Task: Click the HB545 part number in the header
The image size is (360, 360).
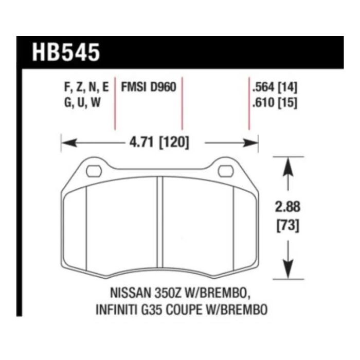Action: point(66,52)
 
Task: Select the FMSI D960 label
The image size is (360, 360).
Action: point(149,87)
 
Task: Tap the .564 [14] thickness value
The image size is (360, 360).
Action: point(275,87)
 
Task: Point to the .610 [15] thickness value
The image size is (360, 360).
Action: point(275,102)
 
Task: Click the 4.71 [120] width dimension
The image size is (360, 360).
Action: point(159,142)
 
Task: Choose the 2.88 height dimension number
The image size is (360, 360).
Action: point(287,207)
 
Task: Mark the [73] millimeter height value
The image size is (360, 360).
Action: point(288,226)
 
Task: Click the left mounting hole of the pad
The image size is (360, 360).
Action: point(94,171)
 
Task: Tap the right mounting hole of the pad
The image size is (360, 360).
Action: point(226,171)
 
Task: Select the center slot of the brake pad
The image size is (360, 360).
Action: point(160,222)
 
